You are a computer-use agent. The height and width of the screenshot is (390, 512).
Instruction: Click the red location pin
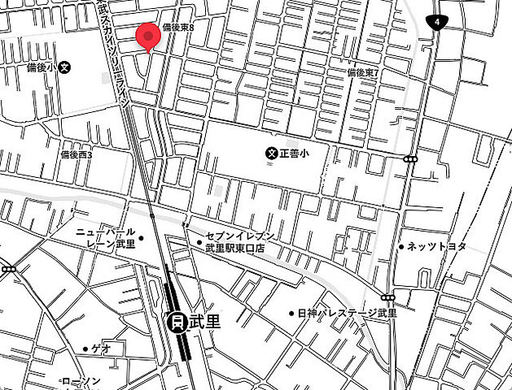147,37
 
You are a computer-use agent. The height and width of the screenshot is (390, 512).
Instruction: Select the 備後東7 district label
364,72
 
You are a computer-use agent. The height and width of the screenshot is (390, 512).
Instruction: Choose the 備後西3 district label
77,154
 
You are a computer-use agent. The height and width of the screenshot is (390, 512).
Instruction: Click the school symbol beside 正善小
272,152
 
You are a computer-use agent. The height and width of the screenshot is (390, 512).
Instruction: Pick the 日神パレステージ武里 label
347,313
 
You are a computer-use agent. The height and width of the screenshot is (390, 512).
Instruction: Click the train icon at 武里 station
175,322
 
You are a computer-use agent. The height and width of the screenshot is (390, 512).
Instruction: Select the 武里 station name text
203,322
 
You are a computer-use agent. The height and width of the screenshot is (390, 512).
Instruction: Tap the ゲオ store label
101,349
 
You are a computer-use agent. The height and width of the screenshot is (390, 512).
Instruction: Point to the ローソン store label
81,381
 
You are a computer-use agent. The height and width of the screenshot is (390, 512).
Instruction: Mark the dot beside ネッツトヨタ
400,246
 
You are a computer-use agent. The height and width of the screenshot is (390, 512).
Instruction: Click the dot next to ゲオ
85,349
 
